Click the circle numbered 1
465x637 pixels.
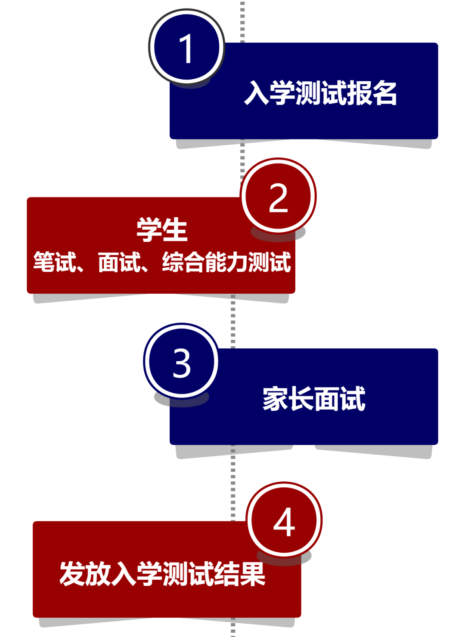tap(186, 47)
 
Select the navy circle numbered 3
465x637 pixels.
tap(181, 362)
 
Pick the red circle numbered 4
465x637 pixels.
tap(284, 521)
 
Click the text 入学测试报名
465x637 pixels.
tap(320, 93)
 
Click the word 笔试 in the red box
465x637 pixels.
tap(55, 262)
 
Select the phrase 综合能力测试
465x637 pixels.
tap(226, 262)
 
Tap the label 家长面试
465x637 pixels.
tap(314, 398)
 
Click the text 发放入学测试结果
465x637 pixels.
tap(162, 573)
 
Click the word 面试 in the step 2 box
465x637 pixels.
tap(119, 262)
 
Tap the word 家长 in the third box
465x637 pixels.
tap(288, 398)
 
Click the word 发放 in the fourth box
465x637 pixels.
tap(85, 573)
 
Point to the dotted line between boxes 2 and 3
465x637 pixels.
tap(233, 323)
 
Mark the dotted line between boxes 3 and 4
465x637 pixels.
tap(233, 482)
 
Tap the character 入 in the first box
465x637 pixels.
tap(257, 93)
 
